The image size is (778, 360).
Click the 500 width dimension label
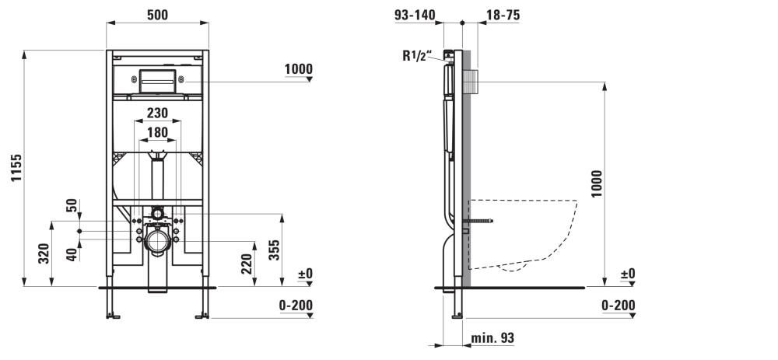point(157,15)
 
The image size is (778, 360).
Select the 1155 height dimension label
point(16,168)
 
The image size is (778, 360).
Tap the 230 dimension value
point(157,113)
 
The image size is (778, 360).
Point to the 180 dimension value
point(157,132)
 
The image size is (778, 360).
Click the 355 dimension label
point(275,250)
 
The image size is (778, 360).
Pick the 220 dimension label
point(247,264)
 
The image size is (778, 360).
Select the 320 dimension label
point(44,253)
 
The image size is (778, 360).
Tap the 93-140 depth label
point(415,15)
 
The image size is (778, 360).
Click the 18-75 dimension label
point(503,15)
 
